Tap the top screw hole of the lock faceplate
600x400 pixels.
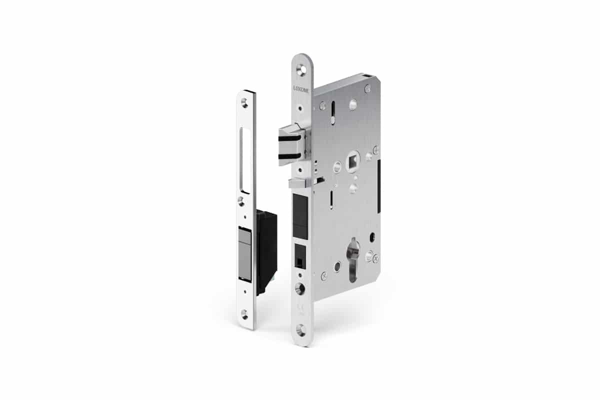(x=300, y=70)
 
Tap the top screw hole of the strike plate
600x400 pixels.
(x=244, y=103)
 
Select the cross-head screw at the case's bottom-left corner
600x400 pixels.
(x=323, y=274)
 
